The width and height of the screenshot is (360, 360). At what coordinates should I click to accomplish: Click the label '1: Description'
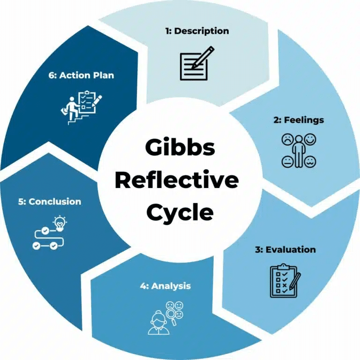coord(197,31)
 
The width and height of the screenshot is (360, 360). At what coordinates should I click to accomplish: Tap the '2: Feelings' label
coord(299,120)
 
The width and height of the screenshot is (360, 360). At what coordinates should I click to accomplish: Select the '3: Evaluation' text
coord(285,249)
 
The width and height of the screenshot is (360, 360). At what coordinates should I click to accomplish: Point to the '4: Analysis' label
coord(165,285)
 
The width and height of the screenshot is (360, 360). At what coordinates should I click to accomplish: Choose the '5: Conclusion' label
coord(50,202)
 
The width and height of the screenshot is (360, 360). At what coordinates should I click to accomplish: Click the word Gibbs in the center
coord(180,148)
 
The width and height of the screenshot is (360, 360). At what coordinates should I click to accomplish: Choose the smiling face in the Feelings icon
coord(310,139)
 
